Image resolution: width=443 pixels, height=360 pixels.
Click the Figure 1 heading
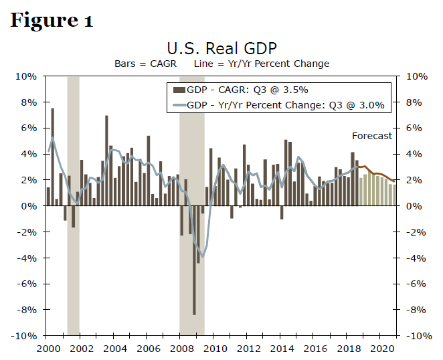coord(51,20)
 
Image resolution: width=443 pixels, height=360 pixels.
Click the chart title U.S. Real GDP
coord(221,49)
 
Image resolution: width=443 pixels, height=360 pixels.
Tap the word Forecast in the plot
coord(372,136)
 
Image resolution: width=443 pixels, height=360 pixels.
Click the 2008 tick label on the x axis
coord(180,349)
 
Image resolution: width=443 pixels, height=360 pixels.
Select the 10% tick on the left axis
coord(27,76)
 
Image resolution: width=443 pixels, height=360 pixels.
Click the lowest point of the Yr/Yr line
coord(203,257)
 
